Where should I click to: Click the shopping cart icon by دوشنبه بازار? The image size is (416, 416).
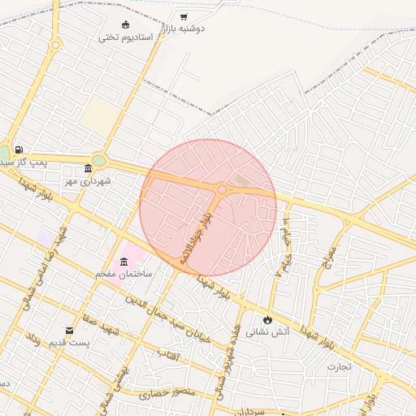(x=184, y=16)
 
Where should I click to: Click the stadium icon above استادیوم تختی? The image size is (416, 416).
(x=124, y=24)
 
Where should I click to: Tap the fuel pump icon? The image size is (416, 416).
(x=18, y=150)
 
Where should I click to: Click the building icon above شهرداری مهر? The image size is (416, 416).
(x=88, y=168)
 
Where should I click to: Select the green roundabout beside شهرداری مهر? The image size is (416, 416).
(x=98, y=161)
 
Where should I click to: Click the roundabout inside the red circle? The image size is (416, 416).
(x=222, y=189)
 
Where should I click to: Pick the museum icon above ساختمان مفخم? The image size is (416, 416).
(x=123, y=262)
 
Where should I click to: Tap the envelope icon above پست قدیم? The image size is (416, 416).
(x=70, y=331)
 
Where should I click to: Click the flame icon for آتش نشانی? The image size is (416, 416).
(x=267, y=319)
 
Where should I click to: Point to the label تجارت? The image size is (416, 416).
(x=339, y=366)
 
